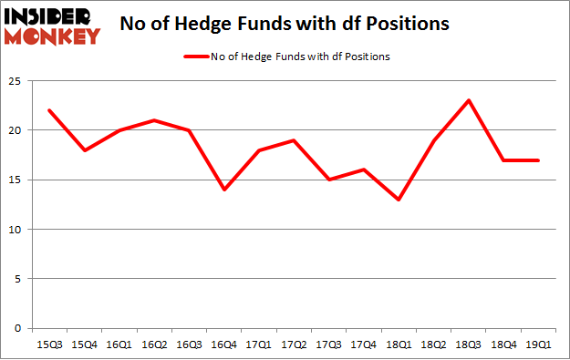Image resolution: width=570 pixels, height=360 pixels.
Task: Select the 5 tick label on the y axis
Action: click(17, 279)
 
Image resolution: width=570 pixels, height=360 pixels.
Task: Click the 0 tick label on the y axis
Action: click(17, 328)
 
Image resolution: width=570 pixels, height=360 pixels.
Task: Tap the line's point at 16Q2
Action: click(152, 120)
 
